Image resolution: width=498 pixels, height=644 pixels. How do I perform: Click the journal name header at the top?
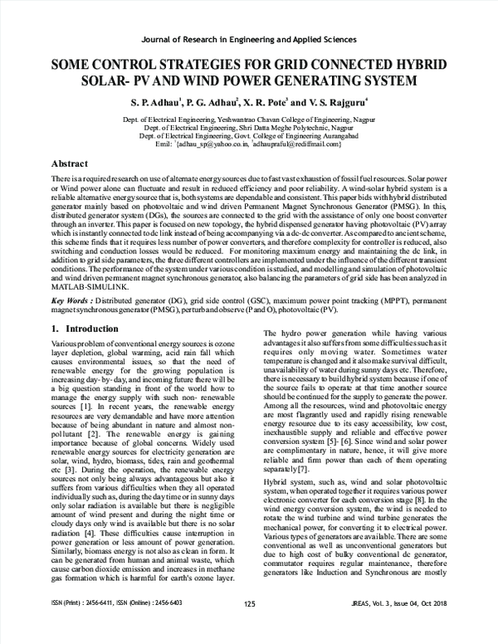(248, 39)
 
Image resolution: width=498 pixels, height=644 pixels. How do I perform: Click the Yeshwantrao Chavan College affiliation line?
(248, 120)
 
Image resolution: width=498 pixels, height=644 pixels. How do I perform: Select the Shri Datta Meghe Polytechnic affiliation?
(248, 128)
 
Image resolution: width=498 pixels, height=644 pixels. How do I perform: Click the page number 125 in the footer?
(249, 627)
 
